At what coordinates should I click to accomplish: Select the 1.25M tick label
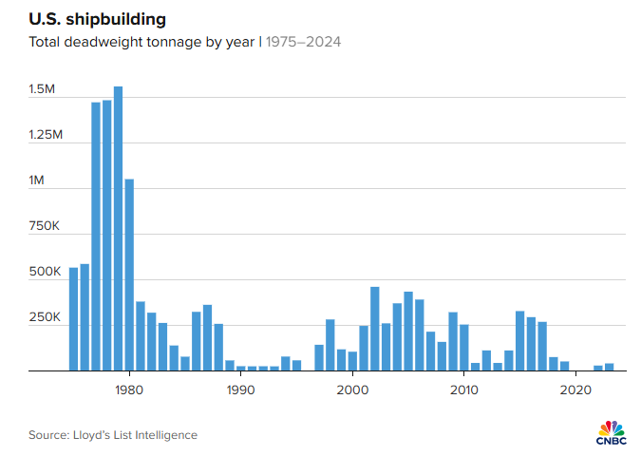[46, 135]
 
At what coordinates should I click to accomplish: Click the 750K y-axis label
[44, 226]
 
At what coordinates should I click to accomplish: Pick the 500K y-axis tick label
[44, 272]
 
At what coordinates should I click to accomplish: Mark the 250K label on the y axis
[44, 317]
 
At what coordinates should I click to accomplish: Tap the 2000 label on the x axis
[352, 389]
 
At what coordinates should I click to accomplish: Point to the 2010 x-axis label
[463, 389]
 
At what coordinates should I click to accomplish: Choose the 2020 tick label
[575, 389]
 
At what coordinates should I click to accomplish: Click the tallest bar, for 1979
[118, 228]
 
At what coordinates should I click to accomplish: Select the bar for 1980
[129, 275]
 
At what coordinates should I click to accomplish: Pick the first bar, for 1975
[73, 319]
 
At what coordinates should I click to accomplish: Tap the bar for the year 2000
[352, 361]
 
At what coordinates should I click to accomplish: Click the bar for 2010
[464, 348]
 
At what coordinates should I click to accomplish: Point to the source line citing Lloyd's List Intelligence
[113, 435]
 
